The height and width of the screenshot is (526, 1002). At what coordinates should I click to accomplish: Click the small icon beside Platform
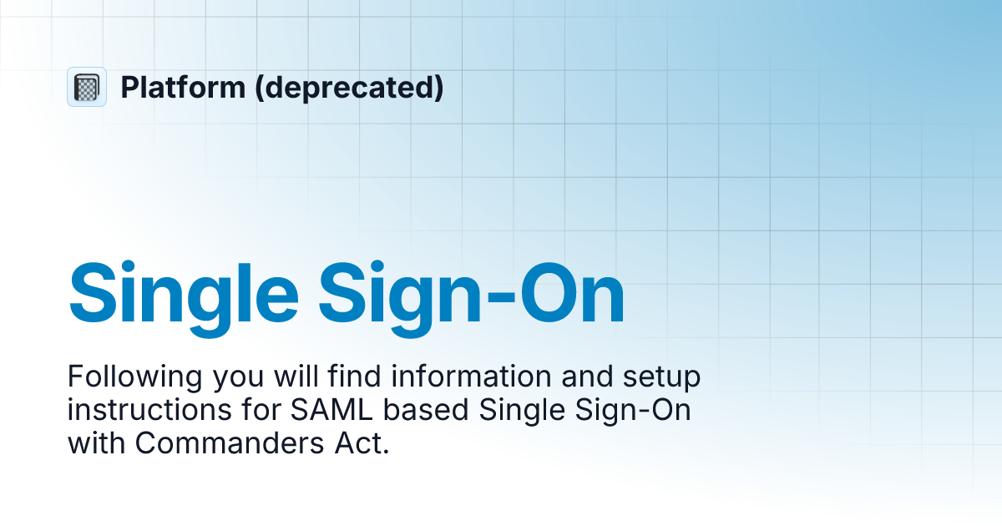click(x=87, y=87)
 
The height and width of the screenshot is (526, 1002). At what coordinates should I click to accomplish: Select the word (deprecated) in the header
click(x=351, y=87)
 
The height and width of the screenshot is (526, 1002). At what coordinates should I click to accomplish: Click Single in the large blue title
click(x=184, y=293)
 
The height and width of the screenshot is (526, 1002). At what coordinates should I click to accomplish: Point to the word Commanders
click(x=220, y=443)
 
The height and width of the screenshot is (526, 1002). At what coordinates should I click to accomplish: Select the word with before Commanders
click(x=97, y=443)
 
